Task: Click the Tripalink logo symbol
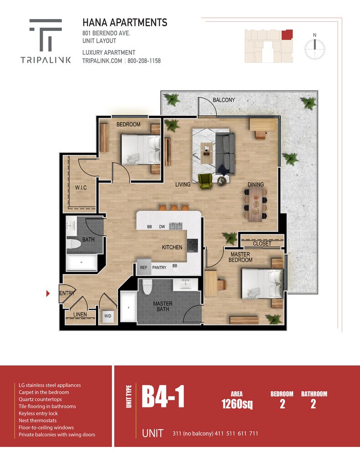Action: click(x=46, y=35)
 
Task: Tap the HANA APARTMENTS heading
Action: click(x=125, y=23)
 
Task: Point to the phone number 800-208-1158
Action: click(x=144, y=61)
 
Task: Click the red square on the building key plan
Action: click(x=287, y=35)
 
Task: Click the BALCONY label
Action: click(x=224, y=100)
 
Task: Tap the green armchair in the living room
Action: click(x=205, y=181)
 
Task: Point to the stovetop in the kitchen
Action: click(x=193, y=245)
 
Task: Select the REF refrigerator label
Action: click(x=143, y=268)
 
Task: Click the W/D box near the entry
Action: click(x=108, y=316)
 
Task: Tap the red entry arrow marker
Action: click(x=48, y=294)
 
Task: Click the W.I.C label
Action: click(x=81, y=188)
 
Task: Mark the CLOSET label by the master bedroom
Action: click(x=262, y=244)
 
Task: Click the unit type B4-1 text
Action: click(x=163, y=396)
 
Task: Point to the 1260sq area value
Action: click(x=237, y=404)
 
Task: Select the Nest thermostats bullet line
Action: click(x=37, y=420)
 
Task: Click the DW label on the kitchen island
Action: click(x=162, y=227)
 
